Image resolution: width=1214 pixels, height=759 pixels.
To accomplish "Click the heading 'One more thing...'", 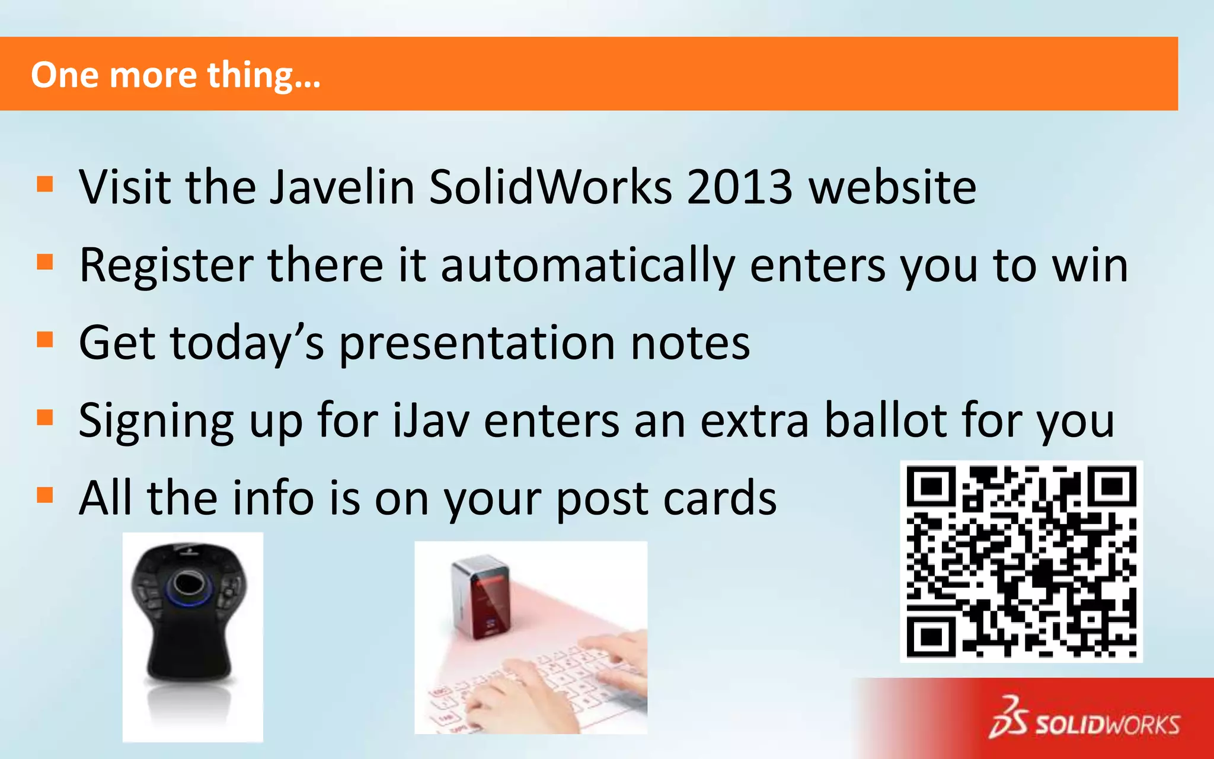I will pos(175,75).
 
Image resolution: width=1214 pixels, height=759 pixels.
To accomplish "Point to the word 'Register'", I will pos(166,266).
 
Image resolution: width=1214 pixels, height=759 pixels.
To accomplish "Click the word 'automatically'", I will pos(587,266).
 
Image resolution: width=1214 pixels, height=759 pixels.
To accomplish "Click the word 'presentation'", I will pos(477,343).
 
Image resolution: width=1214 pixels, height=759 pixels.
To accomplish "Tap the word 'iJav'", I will pos(431,421).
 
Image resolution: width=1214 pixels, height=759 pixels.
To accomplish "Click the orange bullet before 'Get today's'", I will pos(45,340).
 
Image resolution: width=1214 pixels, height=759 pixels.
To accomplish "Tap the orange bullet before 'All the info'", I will pos(45,495).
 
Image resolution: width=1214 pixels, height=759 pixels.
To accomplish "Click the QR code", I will pos(1021,562).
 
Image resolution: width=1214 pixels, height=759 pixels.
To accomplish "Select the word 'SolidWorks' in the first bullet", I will pos(550,187).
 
